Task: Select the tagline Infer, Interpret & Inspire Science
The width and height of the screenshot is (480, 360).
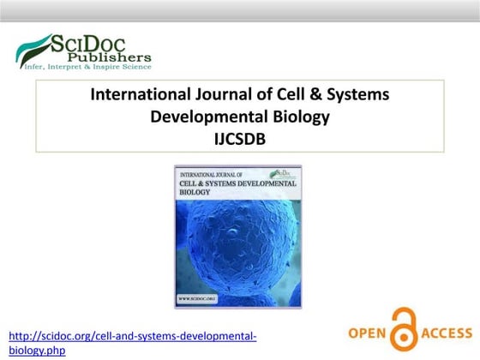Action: (x=84, y=65)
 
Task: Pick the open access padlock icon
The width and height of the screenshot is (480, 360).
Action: (x=408, y=330)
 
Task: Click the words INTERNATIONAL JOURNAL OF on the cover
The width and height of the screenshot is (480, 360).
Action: (x=213, y=174)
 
